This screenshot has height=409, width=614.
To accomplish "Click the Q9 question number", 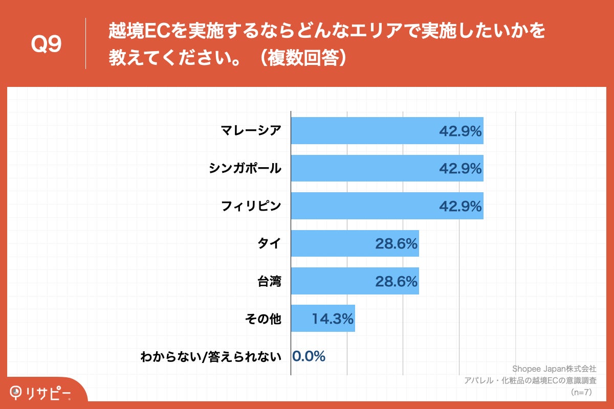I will coord(46,45).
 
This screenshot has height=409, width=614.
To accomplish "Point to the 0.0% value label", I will coord(309,356).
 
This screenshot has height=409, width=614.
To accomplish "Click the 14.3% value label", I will coord(333,319).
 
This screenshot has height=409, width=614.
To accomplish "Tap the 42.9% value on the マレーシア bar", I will coord(461,131).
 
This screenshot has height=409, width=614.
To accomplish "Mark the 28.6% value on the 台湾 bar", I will coord(397,281).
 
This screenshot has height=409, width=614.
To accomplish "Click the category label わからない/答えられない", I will coord(211,357).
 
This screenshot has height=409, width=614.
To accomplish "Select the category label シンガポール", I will coord(245,168).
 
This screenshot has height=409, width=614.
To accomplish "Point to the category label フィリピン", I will coord(251,206).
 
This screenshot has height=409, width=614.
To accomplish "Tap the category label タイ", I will coord(270,243).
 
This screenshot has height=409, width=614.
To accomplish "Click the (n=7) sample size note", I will coord(581,392).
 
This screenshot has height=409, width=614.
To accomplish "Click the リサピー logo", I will coord(41,392).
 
